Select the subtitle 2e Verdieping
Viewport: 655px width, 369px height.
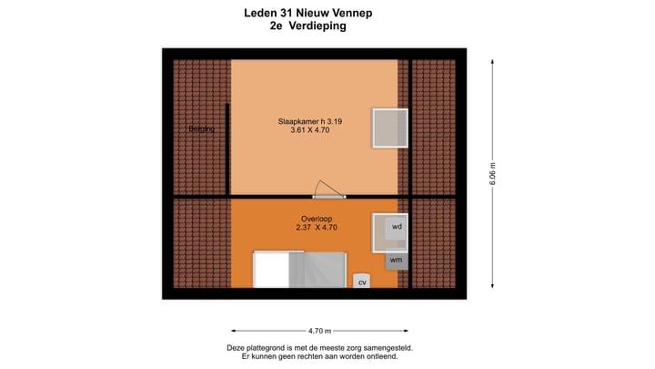coord(307,26)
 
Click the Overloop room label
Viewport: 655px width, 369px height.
coord(315,219)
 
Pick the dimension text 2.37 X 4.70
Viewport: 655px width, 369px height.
coord(315,229)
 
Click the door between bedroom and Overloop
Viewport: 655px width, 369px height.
coord(328,194)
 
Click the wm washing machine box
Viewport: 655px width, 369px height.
coord(395,260)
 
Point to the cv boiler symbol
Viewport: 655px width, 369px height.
coord(361,282)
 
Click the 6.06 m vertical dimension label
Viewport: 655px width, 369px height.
coord(493,173)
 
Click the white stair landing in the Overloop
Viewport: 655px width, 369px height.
coord(271,270)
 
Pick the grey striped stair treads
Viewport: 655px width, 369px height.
coord(317,270)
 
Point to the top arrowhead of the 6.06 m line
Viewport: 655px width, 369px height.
coord(493,61)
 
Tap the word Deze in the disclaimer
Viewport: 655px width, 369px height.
coord(237,348)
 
